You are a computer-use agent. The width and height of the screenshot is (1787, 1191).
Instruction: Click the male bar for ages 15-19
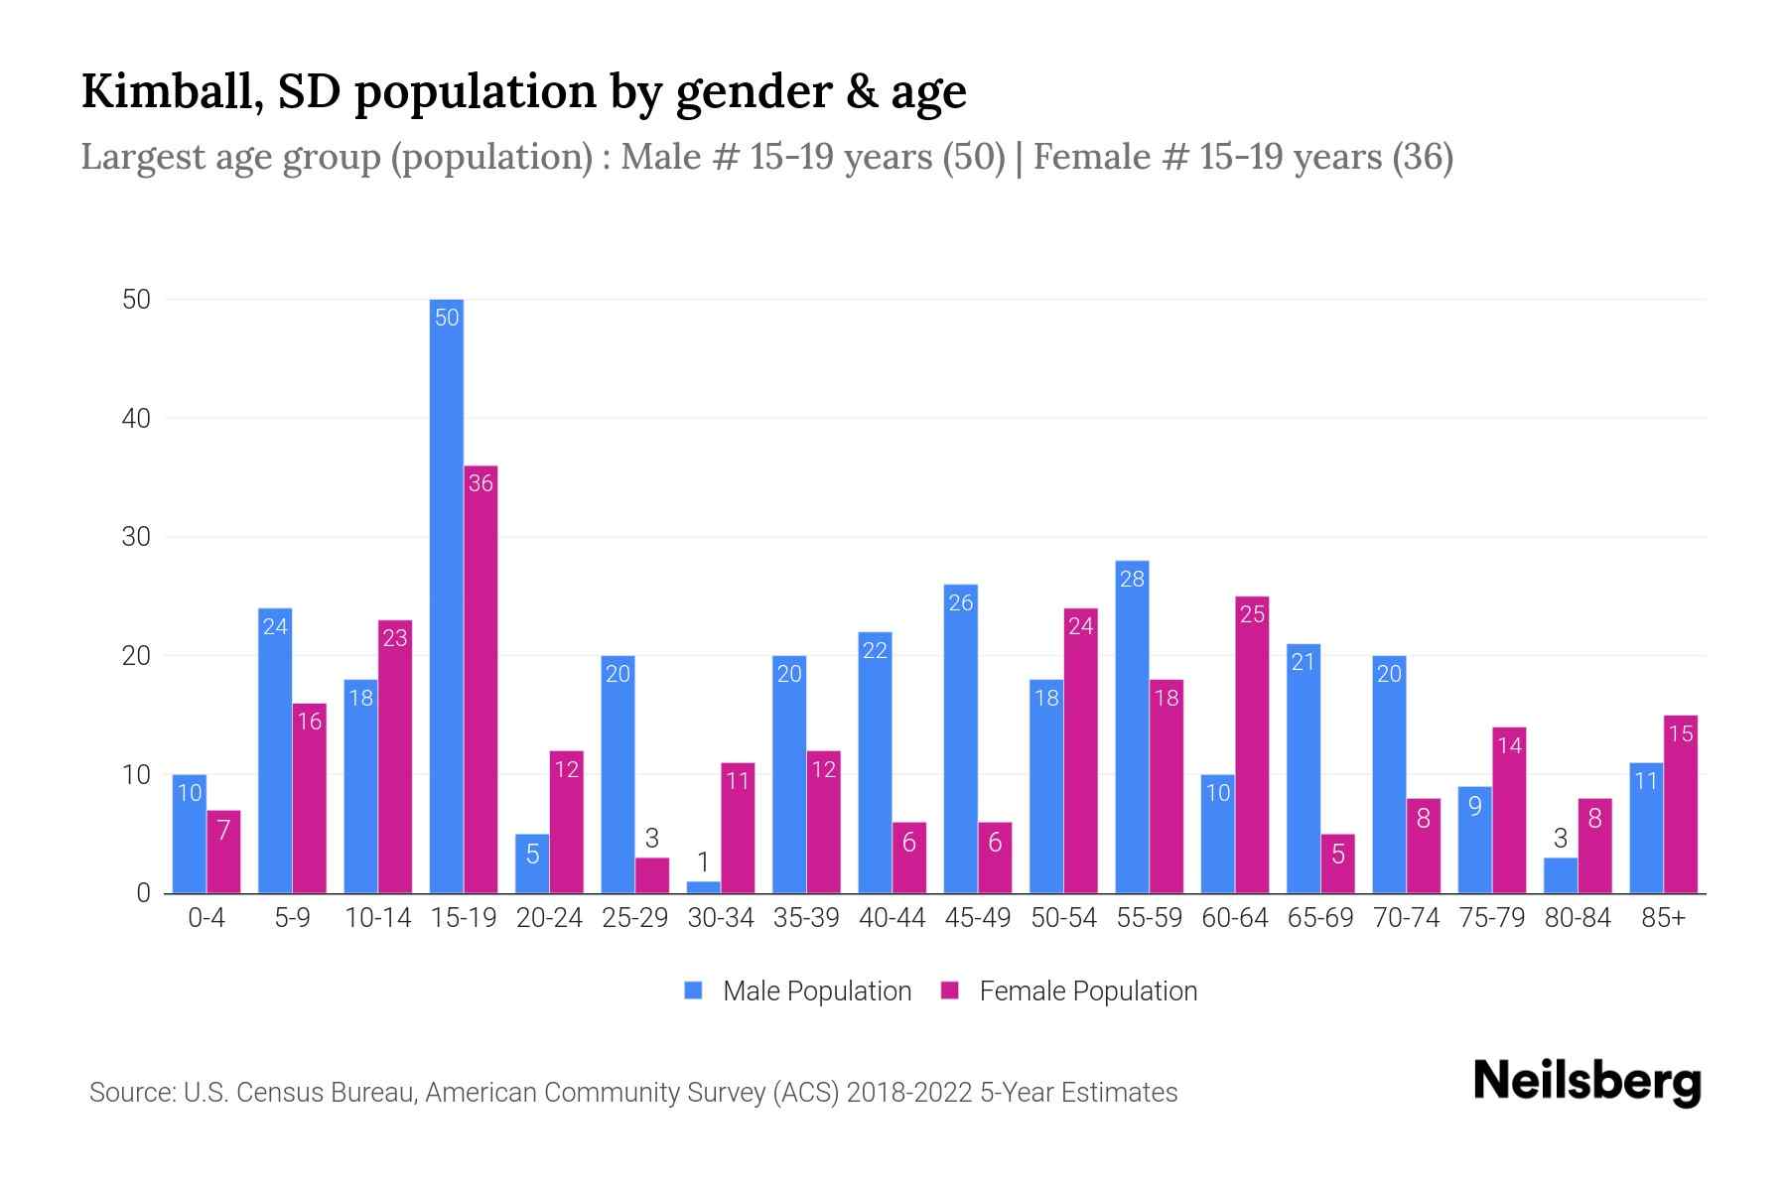tap(447, 595)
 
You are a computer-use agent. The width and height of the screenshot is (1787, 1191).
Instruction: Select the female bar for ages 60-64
tap(1252, 744)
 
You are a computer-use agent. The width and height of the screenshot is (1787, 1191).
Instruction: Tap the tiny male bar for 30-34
tap(704, 887)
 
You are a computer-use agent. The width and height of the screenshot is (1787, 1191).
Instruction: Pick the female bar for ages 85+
tap(1681, 804)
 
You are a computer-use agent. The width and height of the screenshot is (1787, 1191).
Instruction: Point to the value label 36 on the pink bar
tap(481, 483)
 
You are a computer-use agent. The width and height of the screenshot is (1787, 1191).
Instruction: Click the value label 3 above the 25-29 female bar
tap(652, 838)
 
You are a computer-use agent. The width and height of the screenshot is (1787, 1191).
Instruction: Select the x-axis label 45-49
tap(977, 918)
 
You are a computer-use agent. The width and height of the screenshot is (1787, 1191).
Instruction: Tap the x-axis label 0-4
tap(206, 918)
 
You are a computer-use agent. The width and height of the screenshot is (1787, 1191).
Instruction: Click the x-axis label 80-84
tap(1578, 918)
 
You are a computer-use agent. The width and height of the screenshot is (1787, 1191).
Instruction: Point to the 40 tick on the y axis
tap(136, 419)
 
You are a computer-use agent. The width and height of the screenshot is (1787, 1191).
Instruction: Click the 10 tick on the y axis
tap(136, 775)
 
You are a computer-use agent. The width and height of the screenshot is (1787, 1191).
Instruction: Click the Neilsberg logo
tap(1587, 1082)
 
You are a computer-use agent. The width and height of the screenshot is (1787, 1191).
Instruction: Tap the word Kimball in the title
tap(171, 91)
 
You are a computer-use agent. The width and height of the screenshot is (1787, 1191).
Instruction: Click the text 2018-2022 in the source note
tap(909, 1093)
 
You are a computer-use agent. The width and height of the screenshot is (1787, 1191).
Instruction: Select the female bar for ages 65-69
tap(1338, 863)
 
